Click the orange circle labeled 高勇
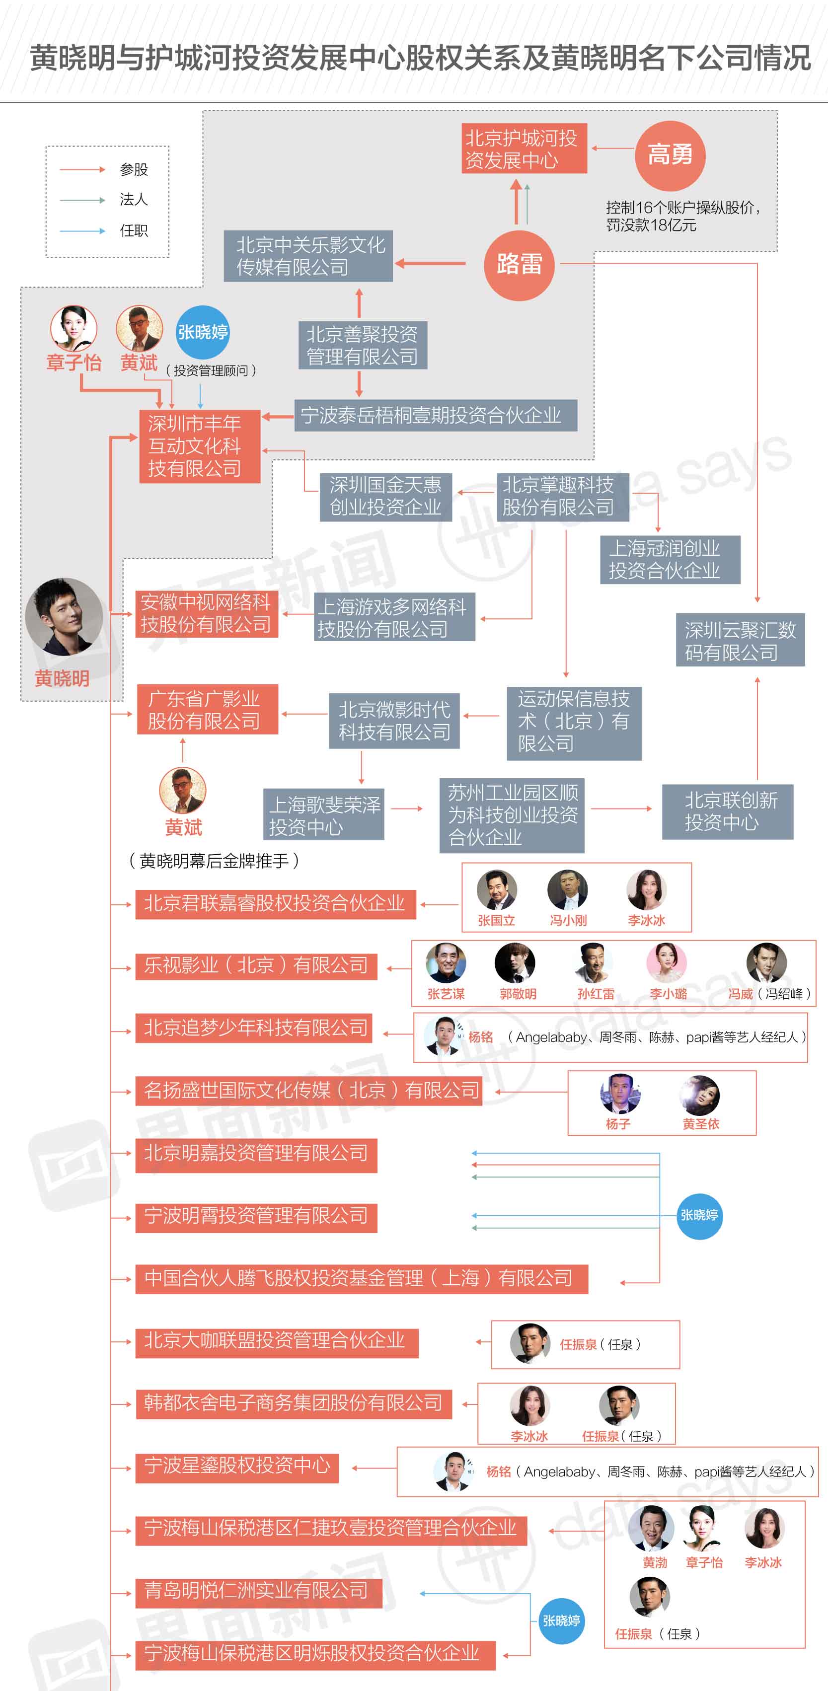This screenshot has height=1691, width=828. click(x=670, y=155)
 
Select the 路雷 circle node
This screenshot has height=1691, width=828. click(x=519, y=265)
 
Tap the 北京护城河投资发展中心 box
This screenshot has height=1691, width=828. click(x=524, y=149)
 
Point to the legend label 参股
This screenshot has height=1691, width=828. click(x=134, y=169)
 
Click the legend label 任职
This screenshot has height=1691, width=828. click(x=134, y=230)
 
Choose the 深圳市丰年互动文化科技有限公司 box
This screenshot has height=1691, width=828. click(x=200, y=446)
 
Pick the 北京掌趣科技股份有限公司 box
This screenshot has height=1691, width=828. click(x=562, y=496)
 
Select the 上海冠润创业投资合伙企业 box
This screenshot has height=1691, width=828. click(x=669, y=559)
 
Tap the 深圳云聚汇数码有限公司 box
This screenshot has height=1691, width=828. click(x=740, y=641)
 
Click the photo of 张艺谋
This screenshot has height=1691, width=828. click(x=446, y=963)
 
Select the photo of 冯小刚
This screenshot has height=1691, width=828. click(x=567, y=889)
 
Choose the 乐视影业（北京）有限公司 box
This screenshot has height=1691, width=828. click(x=256, y=965)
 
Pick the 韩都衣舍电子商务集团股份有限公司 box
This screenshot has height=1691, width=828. click(x=294, y=1403)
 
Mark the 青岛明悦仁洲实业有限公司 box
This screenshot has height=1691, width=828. click(x=258, y=1591)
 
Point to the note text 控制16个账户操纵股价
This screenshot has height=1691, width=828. click(x=681, y=208)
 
